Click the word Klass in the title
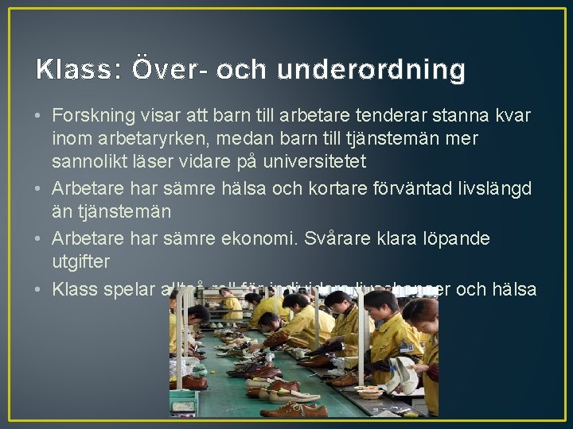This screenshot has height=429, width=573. point(74,71)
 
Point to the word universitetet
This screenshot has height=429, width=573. point(306,162)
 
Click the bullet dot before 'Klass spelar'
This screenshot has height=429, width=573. point(39,290)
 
